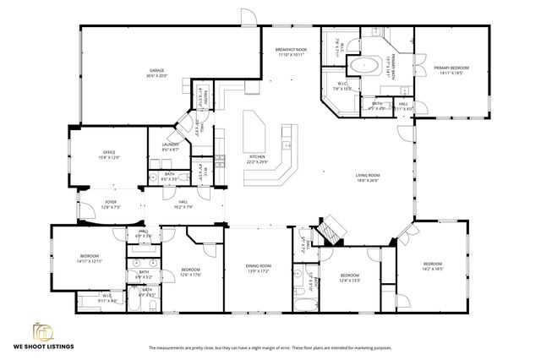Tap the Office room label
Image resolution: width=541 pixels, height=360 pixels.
(x=109, y=155)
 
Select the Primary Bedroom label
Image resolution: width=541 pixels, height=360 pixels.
(x=451, y=69)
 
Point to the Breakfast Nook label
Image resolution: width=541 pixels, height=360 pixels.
(x=291, y=53)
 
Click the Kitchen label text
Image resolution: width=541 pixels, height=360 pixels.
(x=256, y=159)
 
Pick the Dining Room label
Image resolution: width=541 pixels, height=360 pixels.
(x=257, y=268)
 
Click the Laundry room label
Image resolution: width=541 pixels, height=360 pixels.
(x=170, y=147)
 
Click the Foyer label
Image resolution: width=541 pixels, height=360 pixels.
(x=111, y=204)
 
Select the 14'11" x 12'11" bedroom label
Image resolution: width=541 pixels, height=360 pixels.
(x=90, y=258)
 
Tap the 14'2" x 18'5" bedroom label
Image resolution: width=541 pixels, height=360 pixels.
(x=432, y=266)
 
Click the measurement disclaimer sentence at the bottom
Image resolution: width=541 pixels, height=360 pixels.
(x=270, y=347)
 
